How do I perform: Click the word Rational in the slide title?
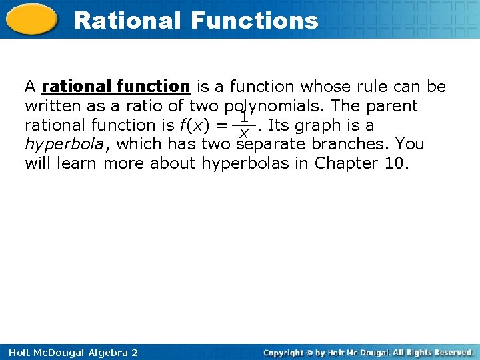[x=127, y=21]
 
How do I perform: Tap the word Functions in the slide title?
[x=254, y=21]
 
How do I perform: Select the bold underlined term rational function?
[x=116, y=87]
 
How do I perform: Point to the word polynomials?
[x=272, y=106]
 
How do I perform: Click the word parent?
[x=393, y=106]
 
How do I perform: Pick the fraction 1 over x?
[x=244, y=125]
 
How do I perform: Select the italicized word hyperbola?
[x=64, y=145]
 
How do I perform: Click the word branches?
[x=351, y=145]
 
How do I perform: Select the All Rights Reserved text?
[x=433, y=352]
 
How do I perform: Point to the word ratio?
[x=152, y=106]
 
